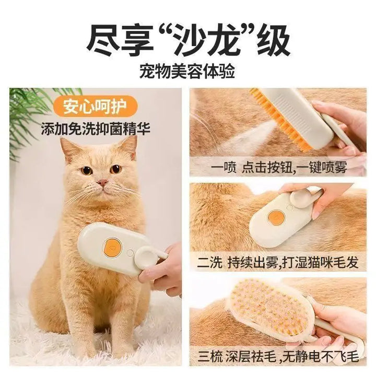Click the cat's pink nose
click(103, 183)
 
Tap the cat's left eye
click(87, 170)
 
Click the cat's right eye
click(115, 169)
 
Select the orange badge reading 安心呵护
click(96, 106)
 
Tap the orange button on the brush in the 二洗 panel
click(276, 218)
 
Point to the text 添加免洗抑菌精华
click(96, 129)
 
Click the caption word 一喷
click(224, 167)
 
